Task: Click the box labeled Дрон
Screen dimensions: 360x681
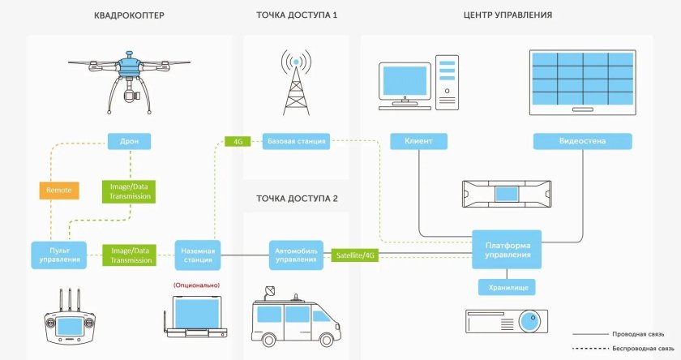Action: pos(129,141)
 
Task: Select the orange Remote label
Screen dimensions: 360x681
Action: pos(58,191)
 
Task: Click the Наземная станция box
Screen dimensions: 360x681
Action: pos(198,255)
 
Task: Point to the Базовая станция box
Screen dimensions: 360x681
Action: pos(296,141)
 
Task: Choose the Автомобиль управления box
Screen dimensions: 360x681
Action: pos(297,255)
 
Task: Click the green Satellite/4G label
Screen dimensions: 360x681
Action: pos(356,255)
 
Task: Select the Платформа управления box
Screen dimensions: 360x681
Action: pos(508,249)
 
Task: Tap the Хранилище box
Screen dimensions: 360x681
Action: pos(507,287)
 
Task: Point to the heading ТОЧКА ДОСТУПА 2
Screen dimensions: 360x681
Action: pos(297,198)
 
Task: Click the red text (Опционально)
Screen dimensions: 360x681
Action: pos(196,285)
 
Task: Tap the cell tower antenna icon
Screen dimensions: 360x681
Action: pos(296,82)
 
